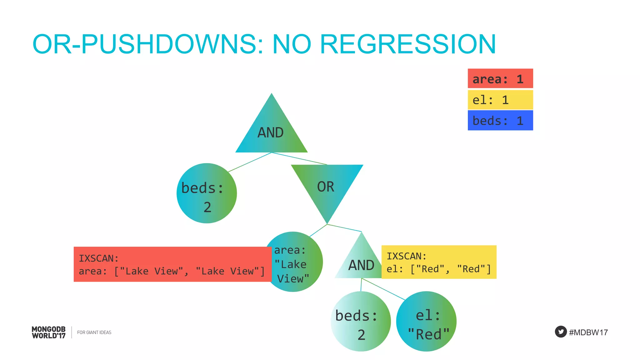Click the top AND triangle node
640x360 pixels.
(x=271, y=131)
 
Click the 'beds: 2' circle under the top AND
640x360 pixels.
(x=206, y=193)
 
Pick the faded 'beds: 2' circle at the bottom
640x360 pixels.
(x=361, y=322)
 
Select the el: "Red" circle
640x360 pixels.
(x=427, y=322)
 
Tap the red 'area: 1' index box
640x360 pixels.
(x=500, y=78)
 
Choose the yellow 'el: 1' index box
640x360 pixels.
(x=500, y=100)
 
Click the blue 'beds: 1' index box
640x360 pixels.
(x=500, y=120)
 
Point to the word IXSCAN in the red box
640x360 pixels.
(x=98, y=258)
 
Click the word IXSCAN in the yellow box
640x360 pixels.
(x=406, y=256)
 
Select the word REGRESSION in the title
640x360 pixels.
(x=408, y=44)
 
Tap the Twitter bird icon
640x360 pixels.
(x=561, y=332)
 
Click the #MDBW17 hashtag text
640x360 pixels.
(x=588, y=332)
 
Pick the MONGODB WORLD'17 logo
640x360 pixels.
(x=49, y=332)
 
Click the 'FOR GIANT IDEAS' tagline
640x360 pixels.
(x=94, y=332)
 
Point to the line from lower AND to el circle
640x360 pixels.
(x=384, y=289)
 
